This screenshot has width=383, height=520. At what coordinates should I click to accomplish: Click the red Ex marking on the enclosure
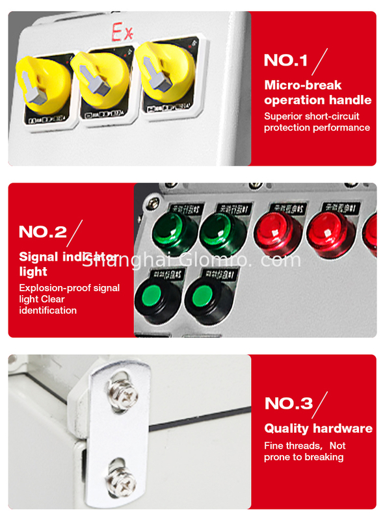(123, 30)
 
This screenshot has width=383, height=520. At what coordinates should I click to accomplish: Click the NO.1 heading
(285, 60)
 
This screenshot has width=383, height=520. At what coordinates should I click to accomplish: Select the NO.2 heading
(43, 231)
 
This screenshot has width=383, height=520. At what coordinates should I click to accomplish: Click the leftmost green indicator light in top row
(174, 230)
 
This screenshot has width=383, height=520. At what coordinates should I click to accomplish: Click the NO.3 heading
(288, 403)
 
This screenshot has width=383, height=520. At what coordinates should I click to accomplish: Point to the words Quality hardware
(318, 428)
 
